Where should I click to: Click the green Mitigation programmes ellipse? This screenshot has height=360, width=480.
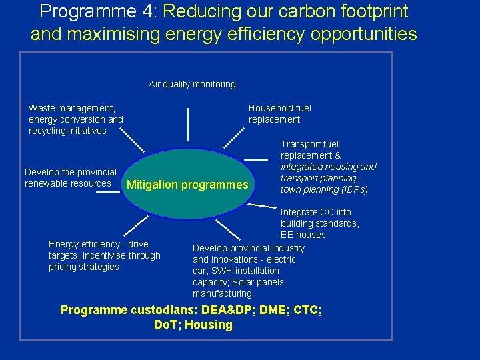click(187, 185)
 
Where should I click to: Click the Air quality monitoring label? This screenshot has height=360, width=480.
click(192, 84)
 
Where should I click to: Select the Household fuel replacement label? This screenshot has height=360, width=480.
click(279, 114)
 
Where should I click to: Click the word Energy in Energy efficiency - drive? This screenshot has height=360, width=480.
click(64, 244)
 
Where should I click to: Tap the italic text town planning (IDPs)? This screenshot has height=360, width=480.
click(324, 189)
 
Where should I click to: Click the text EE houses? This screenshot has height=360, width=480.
click(303, 235)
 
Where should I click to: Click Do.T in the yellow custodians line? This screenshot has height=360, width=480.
click(166, 325)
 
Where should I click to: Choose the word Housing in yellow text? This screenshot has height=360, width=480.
click(209, 325)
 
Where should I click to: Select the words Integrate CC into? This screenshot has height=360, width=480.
click(315, 212)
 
